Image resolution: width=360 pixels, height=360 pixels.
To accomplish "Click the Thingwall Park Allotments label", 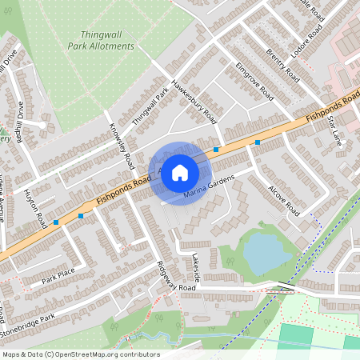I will pos(107,40).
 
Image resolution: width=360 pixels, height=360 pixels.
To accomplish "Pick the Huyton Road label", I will pos(37,208).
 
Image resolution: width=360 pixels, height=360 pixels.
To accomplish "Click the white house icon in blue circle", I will pos(180,172).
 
